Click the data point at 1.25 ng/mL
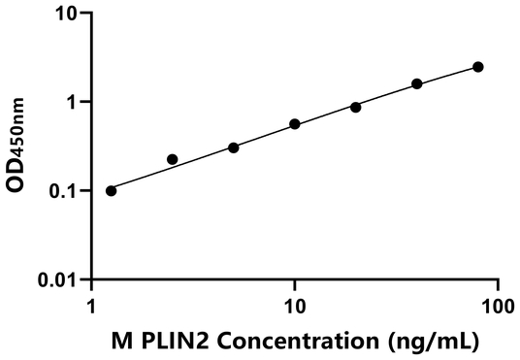click(111, 190)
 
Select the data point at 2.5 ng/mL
click(173, 159)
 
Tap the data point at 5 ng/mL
click(234, 147)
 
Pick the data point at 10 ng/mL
click(295, 124)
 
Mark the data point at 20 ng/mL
click(356, 107)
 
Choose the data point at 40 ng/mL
click(417, 84)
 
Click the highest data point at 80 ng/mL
click(478, 67)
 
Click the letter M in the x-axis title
click(120, 341)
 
